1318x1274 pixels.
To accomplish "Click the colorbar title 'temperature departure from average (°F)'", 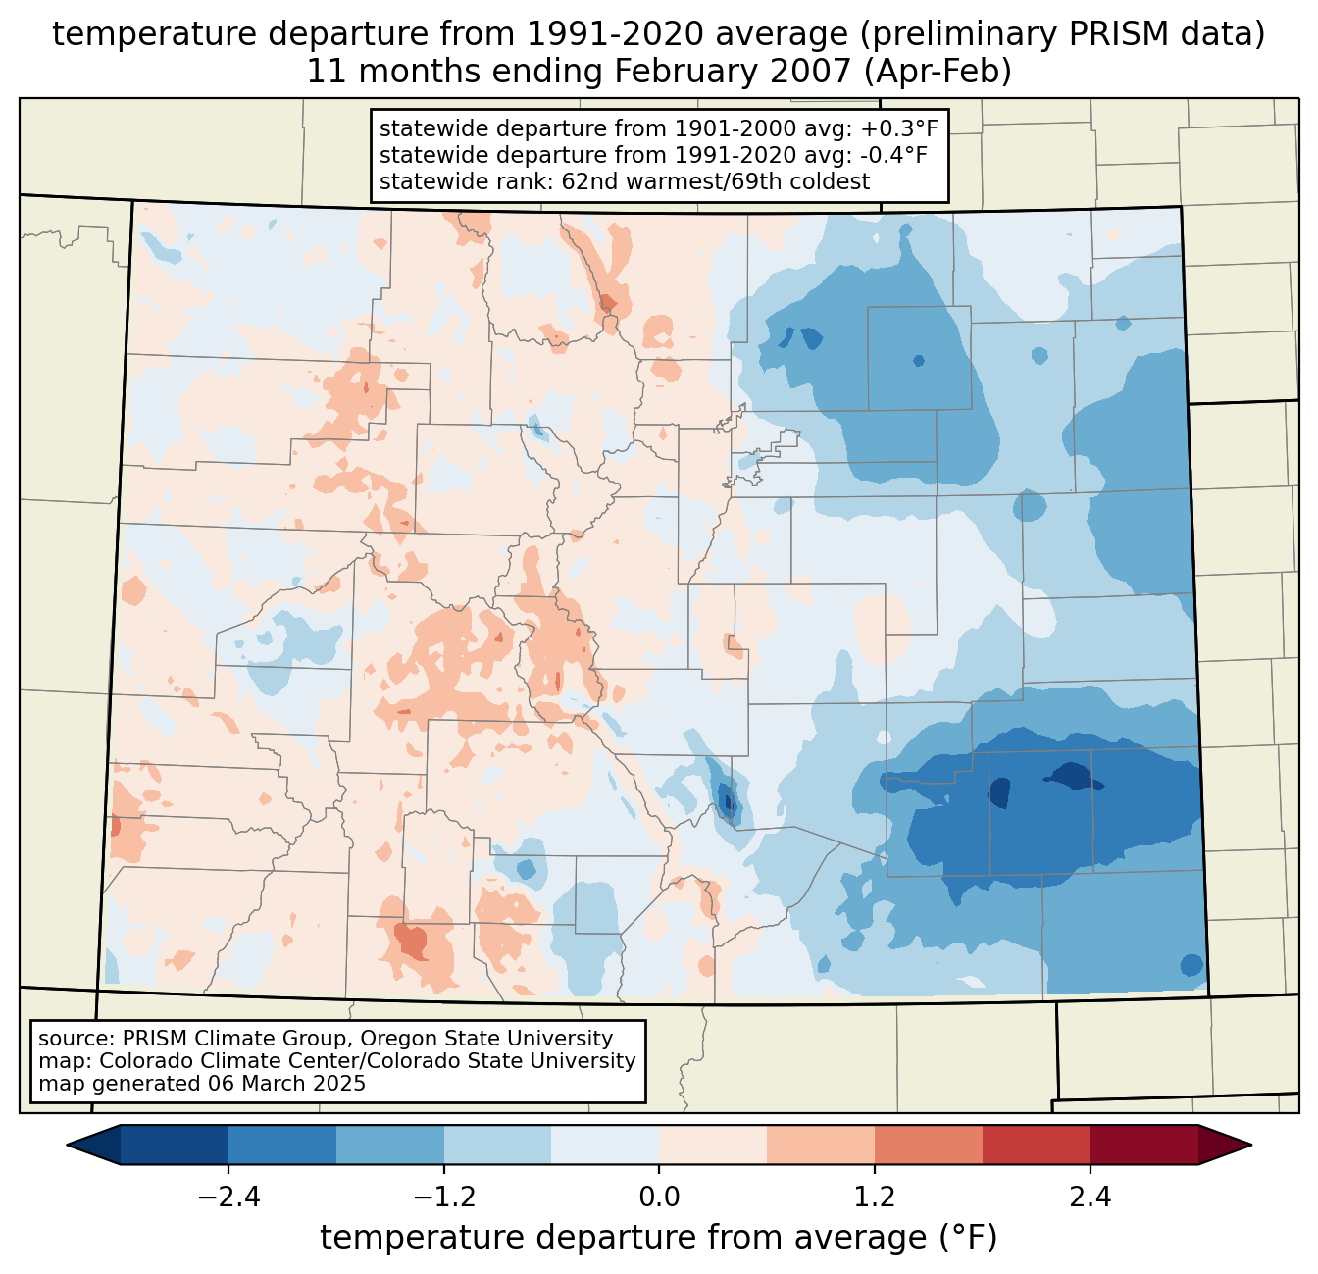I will [659, 1238].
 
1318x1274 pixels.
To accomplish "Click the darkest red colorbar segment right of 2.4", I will [1143, 1145].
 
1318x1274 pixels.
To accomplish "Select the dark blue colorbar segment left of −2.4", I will [175, 1145].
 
